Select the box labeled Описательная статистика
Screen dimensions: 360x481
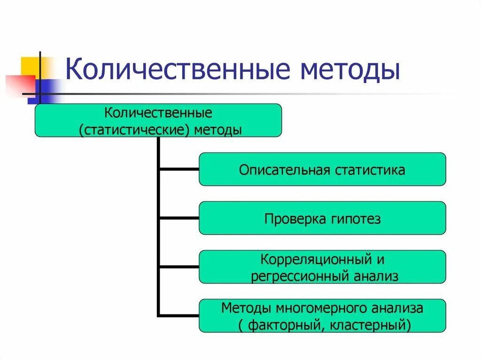[322, 169]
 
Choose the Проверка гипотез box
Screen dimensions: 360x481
[322, 218]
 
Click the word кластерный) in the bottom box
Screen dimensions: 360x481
[375, 324]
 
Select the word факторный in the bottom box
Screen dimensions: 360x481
[282, 324]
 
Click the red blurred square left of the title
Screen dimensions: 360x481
[19, 84]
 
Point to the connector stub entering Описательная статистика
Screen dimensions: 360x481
[179, 169]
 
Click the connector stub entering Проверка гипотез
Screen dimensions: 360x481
[179, 218]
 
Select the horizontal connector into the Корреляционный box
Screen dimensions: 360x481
[179, 267]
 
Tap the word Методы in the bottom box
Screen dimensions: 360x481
[245, 308]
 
